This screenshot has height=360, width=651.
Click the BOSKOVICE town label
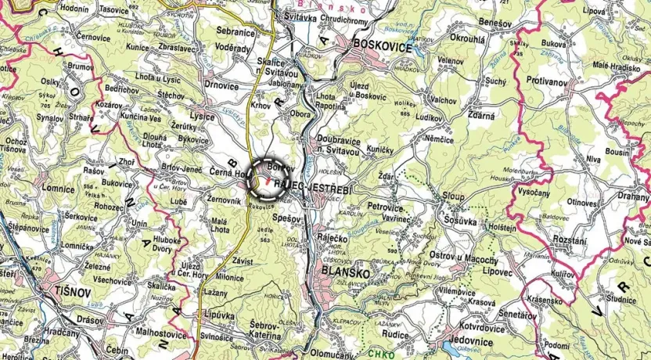(383, 46)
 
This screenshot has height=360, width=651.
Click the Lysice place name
(201, 116)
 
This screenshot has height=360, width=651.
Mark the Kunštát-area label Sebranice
(236, 32)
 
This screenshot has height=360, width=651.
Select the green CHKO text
(384, 352)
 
